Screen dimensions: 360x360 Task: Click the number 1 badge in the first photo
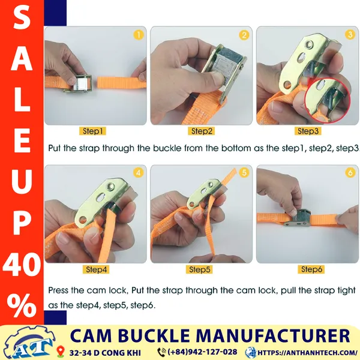[x=139, y=35]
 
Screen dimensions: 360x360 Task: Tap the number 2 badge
[x=244, y=35]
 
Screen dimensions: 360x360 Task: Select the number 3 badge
[x=350, y=35]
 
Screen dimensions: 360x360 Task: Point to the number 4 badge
[x=139, y=173]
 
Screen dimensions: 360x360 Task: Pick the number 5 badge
[x=244, y=173]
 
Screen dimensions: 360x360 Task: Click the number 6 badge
[x=350, y=173]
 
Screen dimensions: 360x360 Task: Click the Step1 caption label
[x=94, y=131]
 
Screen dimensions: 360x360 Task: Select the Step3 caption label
[x=308, y=131]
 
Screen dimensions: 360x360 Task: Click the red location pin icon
[x=61, y=351]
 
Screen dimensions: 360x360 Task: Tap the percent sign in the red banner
[x=22, y=306]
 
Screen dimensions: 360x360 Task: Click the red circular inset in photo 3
[x=328, y=97]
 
